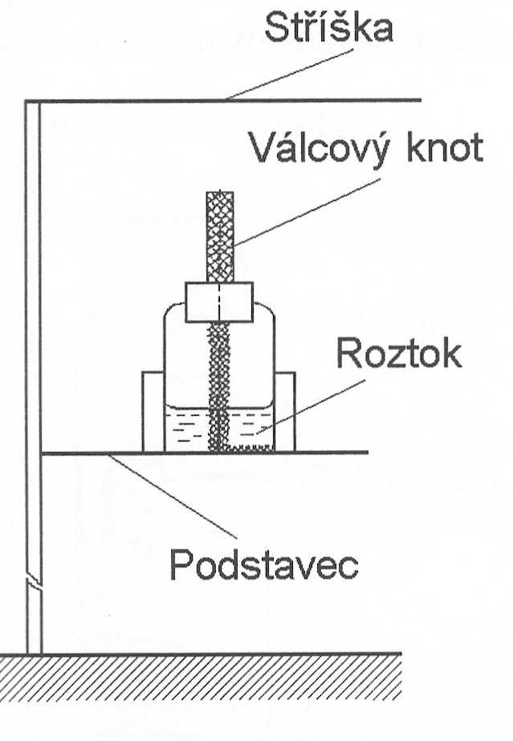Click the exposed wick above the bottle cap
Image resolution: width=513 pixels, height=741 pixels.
(220, 236)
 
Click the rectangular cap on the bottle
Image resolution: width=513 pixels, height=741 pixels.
(219, 302)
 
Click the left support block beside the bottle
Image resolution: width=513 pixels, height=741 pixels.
(153, 410)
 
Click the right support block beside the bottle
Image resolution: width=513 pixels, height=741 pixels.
(285, 410)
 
